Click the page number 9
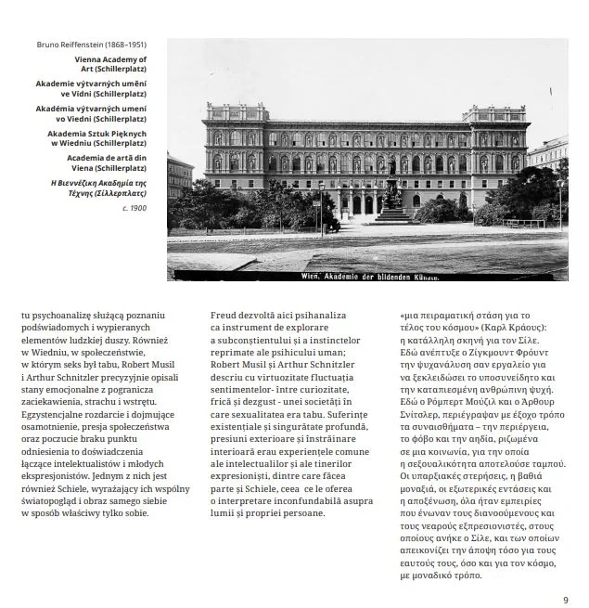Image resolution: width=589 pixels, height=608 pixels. pyautogui.click(x=566, y=599)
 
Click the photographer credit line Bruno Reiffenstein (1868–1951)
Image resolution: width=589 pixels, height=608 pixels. pyautogui.click(x=92, y=44)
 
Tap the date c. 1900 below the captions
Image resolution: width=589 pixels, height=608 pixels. pyautogui.click(x=134, y=208)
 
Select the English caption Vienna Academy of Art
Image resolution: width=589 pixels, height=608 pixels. pyautogui.click(x=110, y=64)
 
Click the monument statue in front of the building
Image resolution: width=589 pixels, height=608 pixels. pyautogui.click(x=391, y=186)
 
